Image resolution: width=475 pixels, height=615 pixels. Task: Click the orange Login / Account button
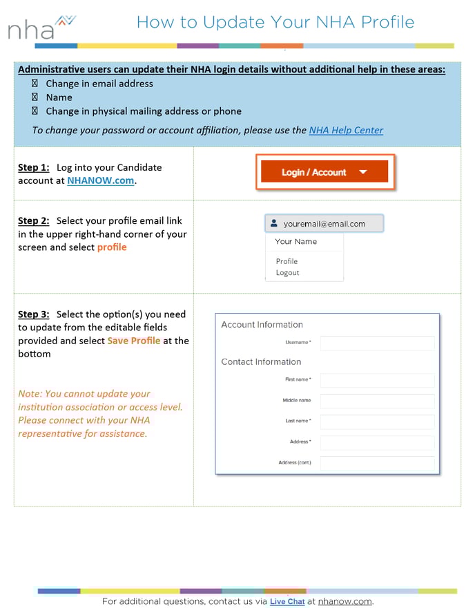point(323,172)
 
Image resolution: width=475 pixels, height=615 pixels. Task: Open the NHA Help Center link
point(346,130)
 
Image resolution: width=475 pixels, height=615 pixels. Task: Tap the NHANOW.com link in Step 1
point(101,181)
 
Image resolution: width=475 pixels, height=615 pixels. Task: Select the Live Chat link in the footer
point(287,601)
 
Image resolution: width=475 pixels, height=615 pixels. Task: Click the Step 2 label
point(33,220)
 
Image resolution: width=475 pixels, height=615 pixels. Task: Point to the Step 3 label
point(33,314)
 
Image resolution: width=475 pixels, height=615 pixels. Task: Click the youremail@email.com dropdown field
point(324,224)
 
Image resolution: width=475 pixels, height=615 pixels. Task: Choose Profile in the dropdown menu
point(287,261)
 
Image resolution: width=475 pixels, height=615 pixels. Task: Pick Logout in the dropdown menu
point(287,273)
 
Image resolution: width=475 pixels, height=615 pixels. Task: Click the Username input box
point(377,343)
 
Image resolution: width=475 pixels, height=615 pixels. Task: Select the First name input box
point(377,380)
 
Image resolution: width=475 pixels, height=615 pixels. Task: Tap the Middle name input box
point(377,401)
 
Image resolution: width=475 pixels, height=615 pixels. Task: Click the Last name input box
point(377,422)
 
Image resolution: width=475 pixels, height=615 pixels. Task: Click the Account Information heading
point(262,325)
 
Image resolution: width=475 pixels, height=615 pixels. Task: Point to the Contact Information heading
point(261,361)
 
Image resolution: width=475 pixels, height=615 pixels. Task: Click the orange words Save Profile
point(134,341)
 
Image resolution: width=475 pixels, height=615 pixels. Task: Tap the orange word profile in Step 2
point(112,247)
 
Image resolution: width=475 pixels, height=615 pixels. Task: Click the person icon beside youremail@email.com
point(274,224)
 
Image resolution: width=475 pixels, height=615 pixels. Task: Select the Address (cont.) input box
point(377,463)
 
